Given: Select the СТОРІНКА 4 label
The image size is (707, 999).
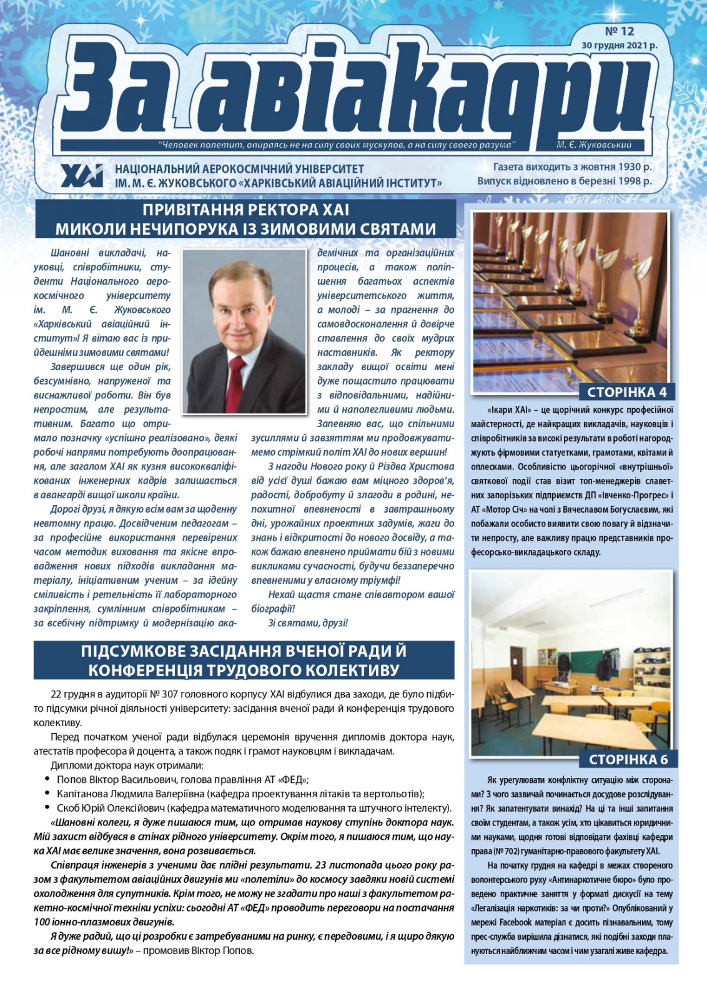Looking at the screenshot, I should [627, 392].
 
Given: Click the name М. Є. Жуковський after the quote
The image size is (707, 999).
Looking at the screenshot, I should [593, 145].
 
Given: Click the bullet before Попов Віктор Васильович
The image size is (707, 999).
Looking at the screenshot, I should [48, 779].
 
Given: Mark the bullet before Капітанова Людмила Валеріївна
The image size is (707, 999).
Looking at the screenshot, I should [48, 794].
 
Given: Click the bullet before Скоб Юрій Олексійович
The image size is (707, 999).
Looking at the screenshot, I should [48, 808].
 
